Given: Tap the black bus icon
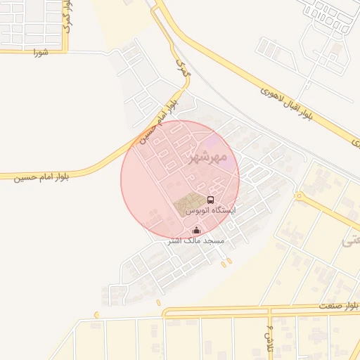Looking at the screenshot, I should point(210,200).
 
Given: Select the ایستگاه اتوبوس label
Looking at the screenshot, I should point(210,210).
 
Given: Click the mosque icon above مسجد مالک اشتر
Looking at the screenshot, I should point(196,230).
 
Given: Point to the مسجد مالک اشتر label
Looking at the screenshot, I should point(195,240).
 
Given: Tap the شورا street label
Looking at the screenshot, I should point(39,52).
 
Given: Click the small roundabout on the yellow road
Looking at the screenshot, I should point(298,196).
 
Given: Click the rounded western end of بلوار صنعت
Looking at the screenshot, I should point(165,312).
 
